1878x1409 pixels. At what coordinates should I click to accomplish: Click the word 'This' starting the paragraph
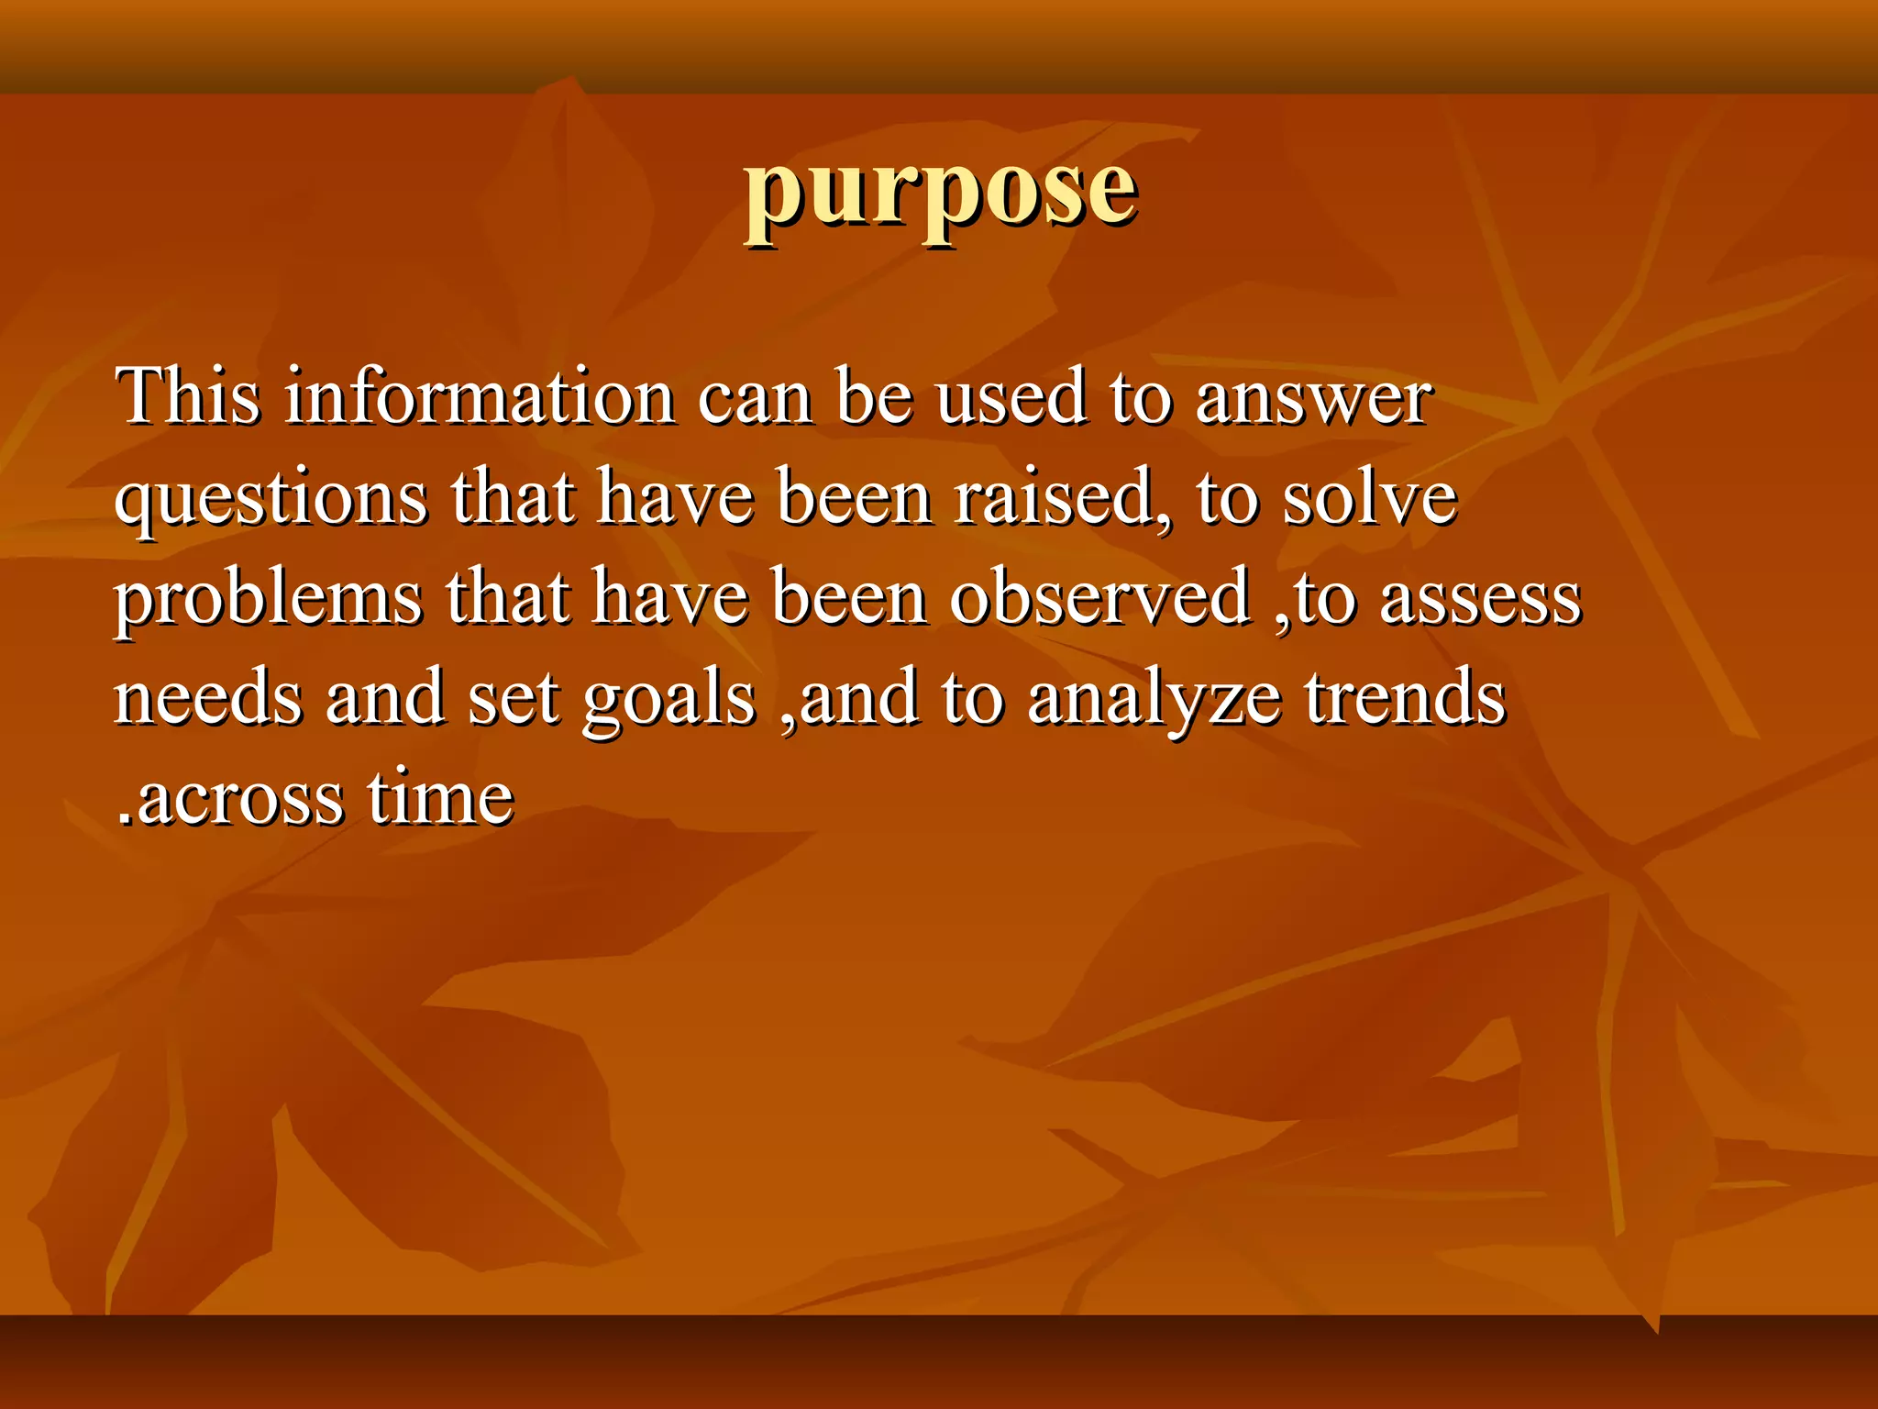(x=187, y=396)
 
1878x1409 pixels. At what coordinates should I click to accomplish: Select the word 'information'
(x=480, y=396)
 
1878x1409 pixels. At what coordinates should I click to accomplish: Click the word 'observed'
(x=1099, y=598)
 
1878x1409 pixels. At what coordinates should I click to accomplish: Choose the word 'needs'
(x=207, y=697)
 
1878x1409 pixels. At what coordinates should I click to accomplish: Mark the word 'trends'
(x=1405, y=697)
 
